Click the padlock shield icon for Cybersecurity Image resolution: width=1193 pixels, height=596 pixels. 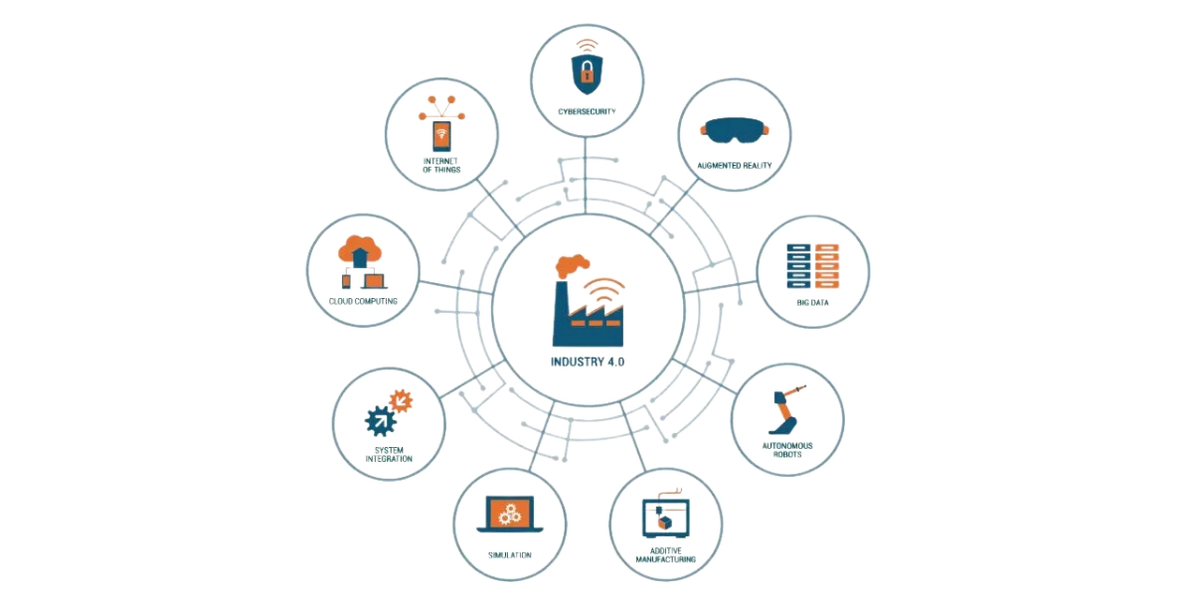[588, 71]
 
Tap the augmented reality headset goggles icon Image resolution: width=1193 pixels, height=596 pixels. [735, 129]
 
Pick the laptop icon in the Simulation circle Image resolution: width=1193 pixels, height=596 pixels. [510, 515]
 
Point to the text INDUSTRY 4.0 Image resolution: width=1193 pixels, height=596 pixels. [589, 361]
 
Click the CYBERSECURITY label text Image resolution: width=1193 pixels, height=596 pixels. [587, 112]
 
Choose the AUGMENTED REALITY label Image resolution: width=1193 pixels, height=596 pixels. [735, 165]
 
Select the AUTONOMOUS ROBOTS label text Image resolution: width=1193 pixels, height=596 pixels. [786, 450]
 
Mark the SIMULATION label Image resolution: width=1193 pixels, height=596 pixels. [510, 554]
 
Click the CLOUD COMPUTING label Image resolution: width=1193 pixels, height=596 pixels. [364, 300]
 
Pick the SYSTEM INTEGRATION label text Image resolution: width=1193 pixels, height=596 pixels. [388, 454]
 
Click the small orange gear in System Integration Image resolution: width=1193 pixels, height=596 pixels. [401, 400]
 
